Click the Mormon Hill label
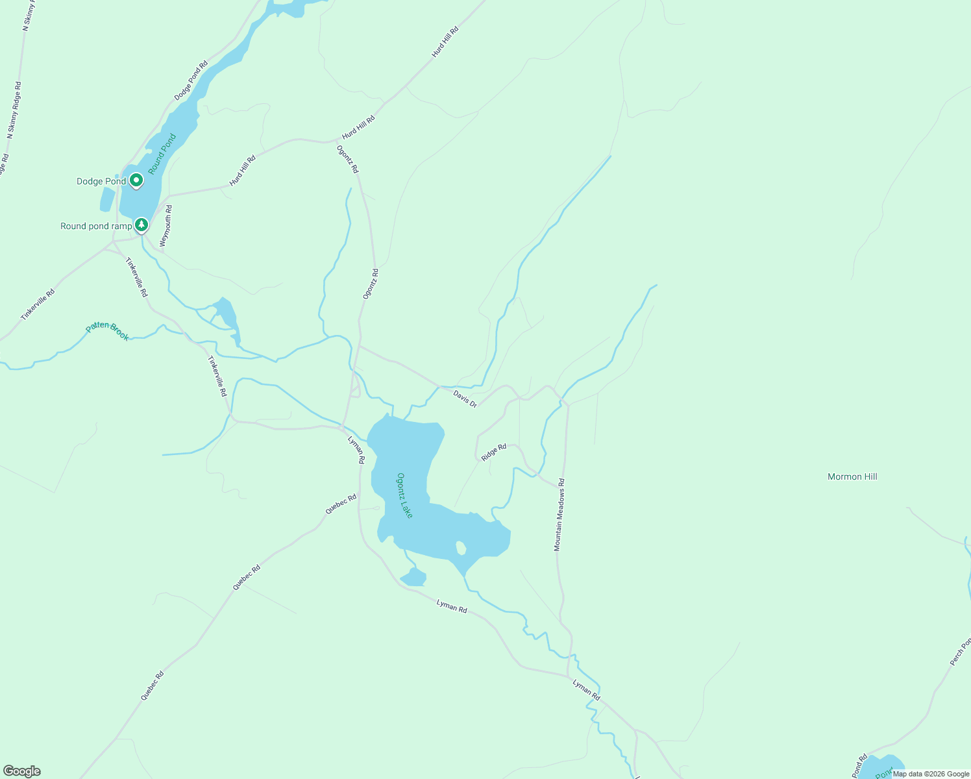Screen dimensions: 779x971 tap(852, 476)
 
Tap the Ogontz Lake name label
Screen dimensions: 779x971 tap(405, 495)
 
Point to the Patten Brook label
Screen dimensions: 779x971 tap(108, 331)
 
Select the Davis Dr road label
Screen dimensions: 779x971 tap(465, 399)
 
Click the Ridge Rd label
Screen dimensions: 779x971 tap(494, 452)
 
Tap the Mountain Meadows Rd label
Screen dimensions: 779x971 tap(559, 515)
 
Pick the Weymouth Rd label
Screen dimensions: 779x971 tap(166, 225)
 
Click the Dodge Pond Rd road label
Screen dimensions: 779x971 tap(191, 80)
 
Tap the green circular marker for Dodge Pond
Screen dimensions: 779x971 tap(136, 180)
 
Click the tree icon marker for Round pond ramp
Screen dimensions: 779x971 tap(141, 225)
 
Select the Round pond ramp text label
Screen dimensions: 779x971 tap(96, 226)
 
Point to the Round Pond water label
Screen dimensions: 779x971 tap(162, 154)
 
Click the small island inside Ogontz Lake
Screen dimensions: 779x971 tap(461, 548)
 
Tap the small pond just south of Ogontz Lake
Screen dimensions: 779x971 tap(413, 576)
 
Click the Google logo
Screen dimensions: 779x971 tap(21, 771)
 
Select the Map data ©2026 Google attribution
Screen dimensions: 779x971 tap(931, 774)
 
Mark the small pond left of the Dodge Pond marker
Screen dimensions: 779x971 tap(107, 200)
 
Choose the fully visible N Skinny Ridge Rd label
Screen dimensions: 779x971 tap(14, 110)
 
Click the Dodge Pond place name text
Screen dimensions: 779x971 tap(101, 181)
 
